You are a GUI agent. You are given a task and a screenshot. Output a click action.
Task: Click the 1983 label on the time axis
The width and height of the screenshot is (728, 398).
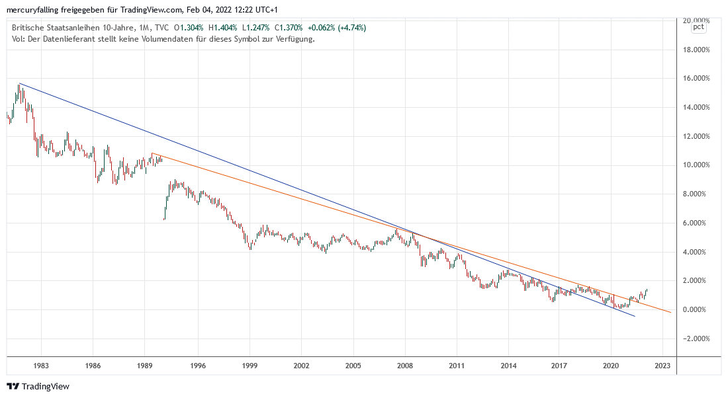pos(41,365)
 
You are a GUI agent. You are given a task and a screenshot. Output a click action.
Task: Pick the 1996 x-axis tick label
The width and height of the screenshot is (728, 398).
pos(197,365)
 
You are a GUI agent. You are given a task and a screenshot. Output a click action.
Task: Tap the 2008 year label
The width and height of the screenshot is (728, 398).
pos(405,365)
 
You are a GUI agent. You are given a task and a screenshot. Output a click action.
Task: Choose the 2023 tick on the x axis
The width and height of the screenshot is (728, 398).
pos(664,365)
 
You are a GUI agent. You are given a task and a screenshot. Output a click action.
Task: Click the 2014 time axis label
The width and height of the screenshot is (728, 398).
pos(508,365)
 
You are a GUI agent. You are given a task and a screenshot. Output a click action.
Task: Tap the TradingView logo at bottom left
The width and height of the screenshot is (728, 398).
pos(38,386)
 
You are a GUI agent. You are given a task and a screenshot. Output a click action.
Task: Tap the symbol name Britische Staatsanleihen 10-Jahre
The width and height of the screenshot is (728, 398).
pos(71,28)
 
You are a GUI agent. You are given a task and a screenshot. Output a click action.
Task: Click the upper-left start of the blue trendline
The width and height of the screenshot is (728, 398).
pos(20,83)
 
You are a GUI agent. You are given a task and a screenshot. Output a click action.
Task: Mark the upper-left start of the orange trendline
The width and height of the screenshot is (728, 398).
pos(152,154)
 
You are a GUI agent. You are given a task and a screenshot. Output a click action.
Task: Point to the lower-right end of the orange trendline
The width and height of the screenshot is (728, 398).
pos(671,312)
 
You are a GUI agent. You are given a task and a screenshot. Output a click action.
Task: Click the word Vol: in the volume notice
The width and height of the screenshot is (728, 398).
pos(19,38)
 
